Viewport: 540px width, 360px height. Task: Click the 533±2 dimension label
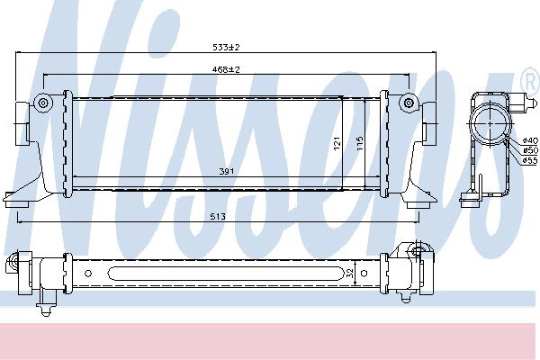(x=226, y=47)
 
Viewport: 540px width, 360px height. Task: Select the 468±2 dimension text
(x=226, y=69)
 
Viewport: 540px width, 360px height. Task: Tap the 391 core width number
(x=227, y=171)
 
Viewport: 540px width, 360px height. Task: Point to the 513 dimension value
(x=218, y=216)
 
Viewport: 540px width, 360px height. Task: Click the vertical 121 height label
(x=337, y=143)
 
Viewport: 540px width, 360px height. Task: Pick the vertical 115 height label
(x=360, y=143)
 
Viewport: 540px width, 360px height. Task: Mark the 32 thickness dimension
(x=349, y=274)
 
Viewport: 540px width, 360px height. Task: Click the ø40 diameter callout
(x=530, y=140)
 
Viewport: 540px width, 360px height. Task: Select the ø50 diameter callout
(x=530, y=150)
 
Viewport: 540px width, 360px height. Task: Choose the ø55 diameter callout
(x=530, y=160)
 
